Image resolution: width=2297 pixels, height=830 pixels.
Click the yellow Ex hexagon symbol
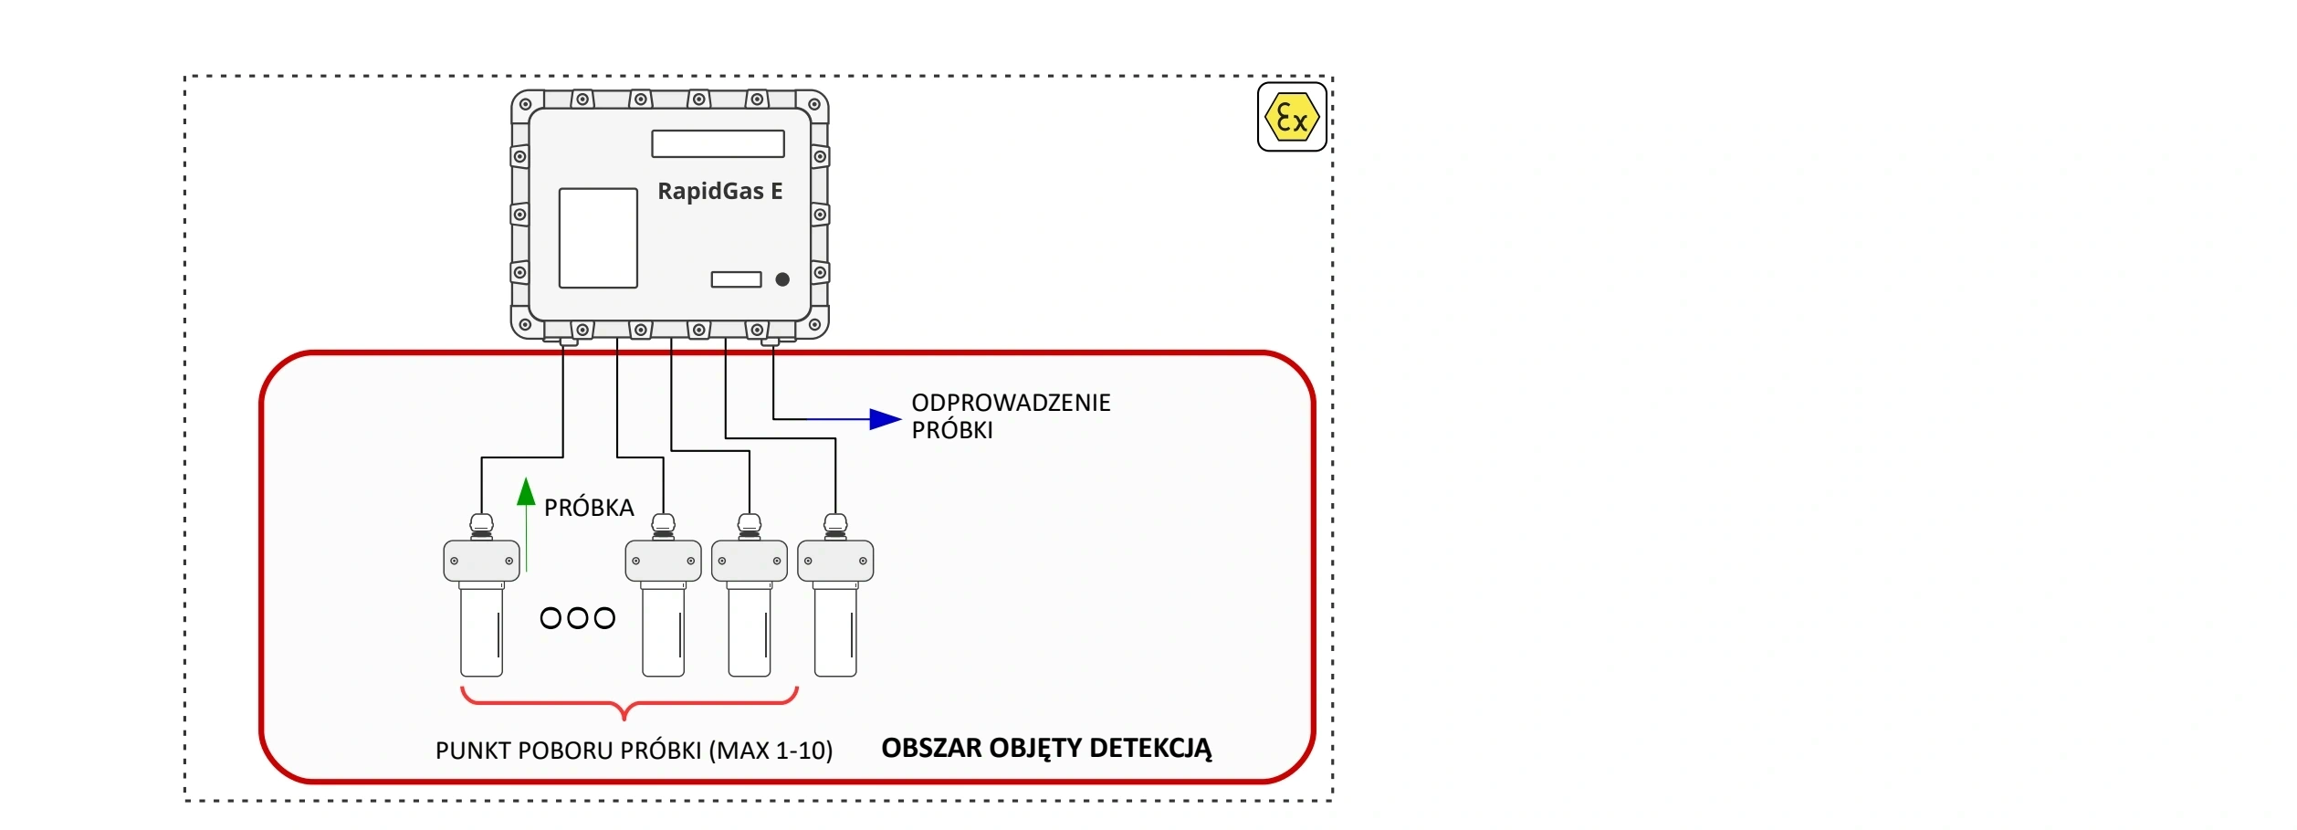click(x=1291, y=118)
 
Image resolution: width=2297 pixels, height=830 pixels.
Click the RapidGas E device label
click(x=719, y=191)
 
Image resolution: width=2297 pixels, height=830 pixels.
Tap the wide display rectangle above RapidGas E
click(x=718, y=143)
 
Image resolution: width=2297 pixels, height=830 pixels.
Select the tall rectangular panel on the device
click(x=598, y=238)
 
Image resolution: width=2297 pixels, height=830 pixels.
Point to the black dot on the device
click(x=782, y=279)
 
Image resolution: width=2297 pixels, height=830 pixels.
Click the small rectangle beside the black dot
click(x=736, y=279)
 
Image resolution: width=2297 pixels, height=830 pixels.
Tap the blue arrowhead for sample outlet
click(x=884, y=419)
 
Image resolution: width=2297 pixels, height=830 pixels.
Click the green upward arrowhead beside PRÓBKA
click(x=526, y=493)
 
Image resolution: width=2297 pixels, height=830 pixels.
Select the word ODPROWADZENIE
click(x=1011, y=403)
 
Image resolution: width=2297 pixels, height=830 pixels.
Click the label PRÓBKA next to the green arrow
click(x=589, y=508)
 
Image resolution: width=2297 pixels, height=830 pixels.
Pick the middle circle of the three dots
click(x=577, y=618)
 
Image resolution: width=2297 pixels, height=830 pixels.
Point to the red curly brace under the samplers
click(x=629, y=703)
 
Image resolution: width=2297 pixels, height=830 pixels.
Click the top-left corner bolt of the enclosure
click(x=525, y=104)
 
